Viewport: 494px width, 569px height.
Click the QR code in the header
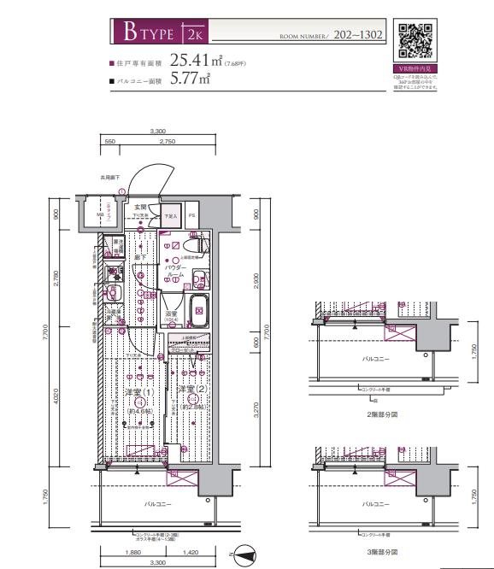[415, 40]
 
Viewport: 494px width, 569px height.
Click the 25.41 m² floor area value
[196, 60]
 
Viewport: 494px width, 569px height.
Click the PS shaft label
[191, 214]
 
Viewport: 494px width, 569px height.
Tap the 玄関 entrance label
[140, 207]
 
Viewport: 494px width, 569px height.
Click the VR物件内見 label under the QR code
[415, 68]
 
